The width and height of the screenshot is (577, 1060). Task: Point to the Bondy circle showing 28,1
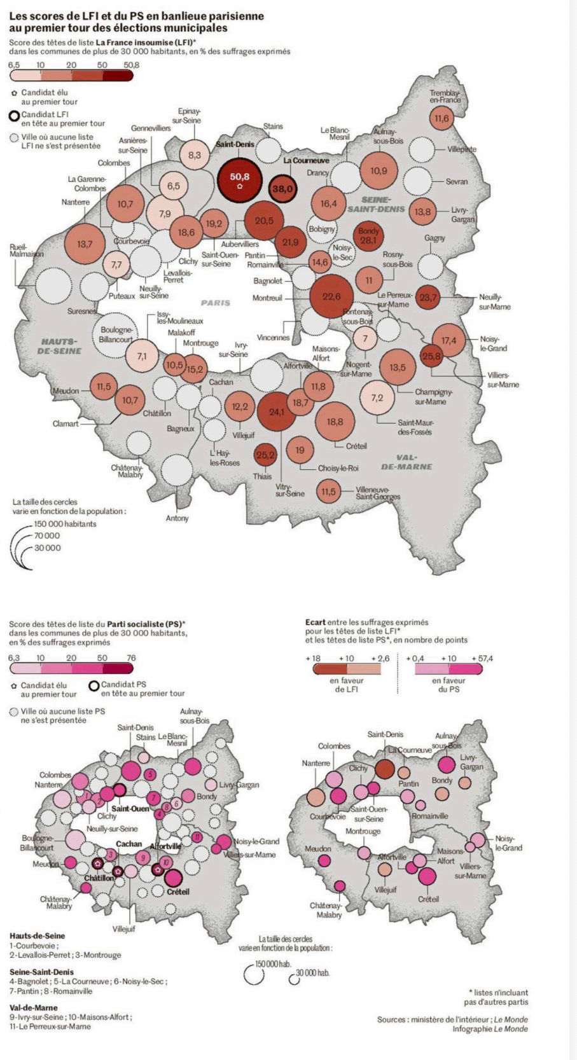pos(368,236)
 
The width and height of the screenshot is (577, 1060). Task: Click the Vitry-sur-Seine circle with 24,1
pos(277,412)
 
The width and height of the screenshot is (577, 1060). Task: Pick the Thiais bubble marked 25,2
pos(265,455)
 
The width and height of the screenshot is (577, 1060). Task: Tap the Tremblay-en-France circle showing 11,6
pos(441,118)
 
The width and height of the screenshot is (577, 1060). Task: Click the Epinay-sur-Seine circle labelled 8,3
pos(195,155)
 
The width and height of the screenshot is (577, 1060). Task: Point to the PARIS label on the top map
pos(215,303)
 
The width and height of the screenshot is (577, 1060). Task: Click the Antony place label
pos(177,518)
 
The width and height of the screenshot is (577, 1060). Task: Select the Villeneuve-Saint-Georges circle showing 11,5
pos(328,492)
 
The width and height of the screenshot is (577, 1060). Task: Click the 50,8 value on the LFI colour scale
pos(131,65)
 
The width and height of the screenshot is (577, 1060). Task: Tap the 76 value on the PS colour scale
pos(131,657)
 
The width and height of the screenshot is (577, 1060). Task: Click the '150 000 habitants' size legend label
pos(66,524)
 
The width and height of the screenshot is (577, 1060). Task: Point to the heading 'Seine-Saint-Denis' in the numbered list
pos(41,972)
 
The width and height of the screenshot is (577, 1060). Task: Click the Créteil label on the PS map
pos(177,891)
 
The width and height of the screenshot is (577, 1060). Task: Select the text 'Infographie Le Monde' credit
pos(490,1029)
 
